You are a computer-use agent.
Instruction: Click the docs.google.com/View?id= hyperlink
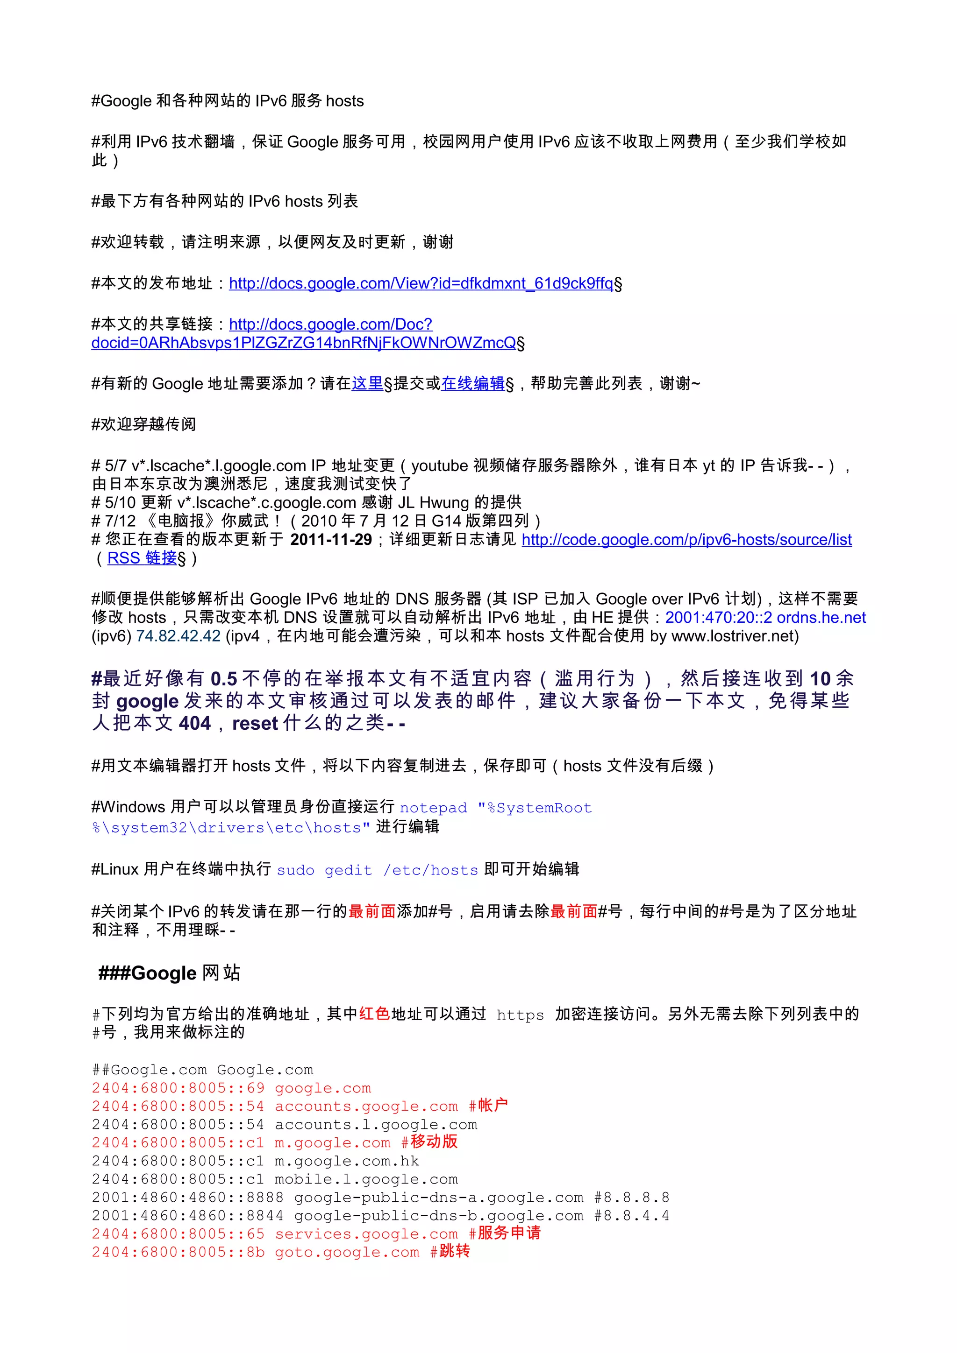[421, 283]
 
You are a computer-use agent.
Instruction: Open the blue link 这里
[367, 384]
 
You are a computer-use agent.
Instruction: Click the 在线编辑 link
[472, 384]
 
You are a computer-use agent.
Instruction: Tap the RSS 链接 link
[142, 558]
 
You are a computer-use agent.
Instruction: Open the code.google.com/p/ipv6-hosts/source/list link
[686, 540]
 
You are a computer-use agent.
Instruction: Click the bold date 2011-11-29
[331, 540]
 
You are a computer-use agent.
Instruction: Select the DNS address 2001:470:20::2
[718, 618]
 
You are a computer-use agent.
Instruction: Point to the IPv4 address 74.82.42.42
[178, 636]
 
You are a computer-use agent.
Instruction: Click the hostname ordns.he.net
[821, 618]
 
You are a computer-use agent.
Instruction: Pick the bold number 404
[194, 723]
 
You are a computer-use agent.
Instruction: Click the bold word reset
[255, 723]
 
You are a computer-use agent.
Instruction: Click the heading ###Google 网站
[169, 973]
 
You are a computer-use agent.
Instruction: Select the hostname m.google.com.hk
[347, 1161]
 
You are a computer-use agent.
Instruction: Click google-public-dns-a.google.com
[438, 1198]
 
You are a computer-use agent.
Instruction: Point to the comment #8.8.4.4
[631, 1216]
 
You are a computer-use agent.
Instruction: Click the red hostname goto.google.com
[347, 1252]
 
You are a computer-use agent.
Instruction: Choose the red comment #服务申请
[504, 1234]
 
